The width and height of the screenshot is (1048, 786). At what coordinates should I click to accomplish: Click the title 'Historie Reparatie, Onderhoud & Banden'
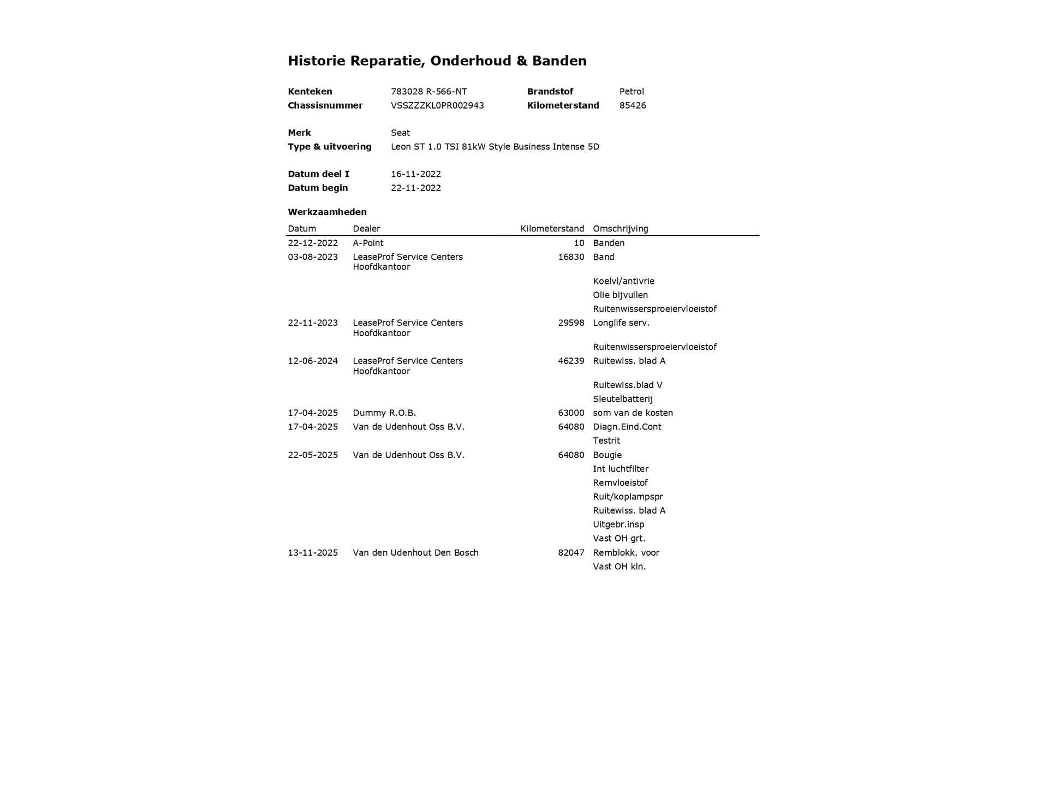(x=437, y=61)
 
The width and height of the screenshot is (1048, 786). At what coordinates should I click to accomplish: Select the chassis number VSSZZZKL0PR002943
(x=437, y=105)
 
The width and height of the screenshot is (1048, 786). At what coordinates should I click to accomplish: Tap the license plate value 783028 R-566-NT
(x=428, y=92)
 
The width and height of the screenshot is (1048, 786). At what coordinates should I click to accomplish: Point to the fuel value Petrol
(x=632, y=92)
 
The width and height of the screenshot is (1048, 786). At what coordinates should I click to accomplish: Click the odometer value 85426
(x=633, y=105)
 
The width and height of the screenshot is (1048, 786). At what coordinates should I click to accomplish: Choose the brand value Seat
(x=400, y=133)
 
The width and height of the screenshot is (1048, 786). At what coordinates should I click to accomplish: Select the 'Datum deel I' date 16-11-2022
(x=416, y=174)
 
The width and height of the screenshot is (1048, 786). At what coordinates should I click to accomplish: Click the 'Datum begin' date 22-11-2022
(x=416, y=188)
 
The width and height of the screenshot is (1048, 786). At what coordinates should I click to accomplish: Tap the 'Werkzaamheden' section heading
(x=327, y=212)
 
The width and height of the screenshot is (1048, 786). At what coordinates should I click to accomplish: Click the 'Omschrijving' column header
(x=621, y=229)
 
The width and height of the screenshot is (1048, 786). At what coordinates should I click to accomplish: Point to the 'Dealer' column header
(x=366, y=229)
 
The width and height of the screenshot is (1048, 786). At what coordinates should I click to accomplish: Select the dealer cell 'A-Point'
(x=368, y=243)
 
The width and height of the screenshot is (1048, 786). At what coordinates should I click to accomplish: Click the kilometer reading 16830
(x=571, y=257)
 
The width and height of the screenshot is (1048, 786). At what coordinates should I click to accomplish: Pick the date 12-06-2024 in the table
(x=313, y=361)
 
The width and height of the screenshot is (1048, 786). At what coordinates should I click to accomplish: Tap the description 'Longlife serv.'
(x=621, y=323)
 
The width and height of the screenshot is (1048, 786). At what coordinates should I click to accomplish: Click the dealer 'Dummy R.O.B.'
(x=384, y=413)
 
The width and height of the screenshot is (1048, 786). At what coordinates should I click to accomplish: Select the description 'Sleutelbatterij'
(x=623, y=399)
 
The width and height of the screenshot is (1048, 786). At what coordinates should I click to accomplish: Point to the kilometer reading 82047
(x=571, y=552)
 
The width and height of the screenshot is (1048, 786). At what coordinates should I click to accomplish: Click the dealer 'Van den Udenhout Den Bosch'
(x=415, y=552)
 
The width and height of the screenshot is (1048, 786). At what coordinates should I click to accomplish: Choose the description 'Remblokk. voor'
(x=626, y=552)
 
